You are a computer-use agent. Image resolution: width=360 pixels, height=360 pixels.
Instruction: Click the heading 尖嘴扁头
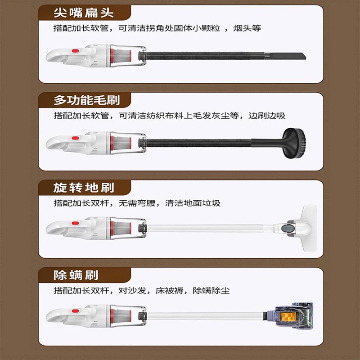pyautogui.click(x=84, y=13)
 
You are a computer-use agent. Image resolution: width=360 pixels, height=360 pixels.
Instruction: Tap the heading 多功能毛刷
pyautogui.click(x=87, y=100)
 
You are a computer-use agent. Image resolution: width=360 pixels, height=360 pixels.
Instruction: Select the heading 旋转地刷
pyautogui.click(x=84, y=188)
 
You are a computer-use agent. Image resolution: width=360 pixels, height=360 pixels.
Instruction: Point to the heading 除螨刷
pyautogui.click(x=76, y=275)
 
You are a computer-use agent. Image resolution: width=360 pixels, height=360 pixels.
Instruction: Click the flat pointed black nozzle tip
pyautogui.click(x=285, y=56)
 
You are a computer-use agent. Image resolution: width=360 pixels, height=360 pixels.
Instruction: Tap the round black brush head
pyautogui.click(x=294, y=143)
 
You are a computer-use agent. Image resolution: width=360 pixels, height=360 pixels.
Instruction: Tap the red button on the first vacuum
pyautogui.click(x=75, y=51)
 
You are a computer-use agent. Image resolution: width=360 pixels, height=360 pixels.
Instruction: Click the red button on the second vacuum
pyautogui.click(x=75, y=138)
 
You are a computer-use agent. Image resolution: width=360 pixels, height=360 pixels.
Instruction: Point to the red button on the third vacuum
pyautogui.click(x=75, y=223)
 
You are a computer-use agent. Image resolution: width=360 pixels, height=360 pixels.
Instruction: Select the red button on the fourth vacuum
pyautogui.click(x=75, y=311)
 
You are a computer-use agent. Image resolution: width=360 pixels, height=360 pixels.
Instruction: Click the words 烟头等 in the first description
pyautogui.click(x=247, y=28)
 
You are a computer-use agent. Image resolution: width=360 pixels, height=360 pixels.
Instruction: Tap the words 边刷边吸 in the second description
pyautogui.click(x=267, y=116)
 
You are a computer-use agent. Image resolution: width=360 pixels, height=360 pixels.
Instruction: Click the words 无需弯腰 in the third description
pyautogui.click(x=137, y=203)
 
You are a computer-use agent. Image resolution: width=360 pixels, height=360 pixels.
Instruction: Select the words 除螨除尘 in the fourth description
pyautogui.click(x=211, y=291)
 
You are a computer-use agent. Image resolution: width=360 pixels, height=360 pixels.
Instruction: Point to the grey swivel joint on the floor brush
pyautogui.click(x=287, y=228)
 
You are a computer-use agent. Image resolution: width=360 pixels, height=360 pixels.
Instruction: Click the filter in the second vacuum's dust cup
pyautogui.click(x=121, y=143)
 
